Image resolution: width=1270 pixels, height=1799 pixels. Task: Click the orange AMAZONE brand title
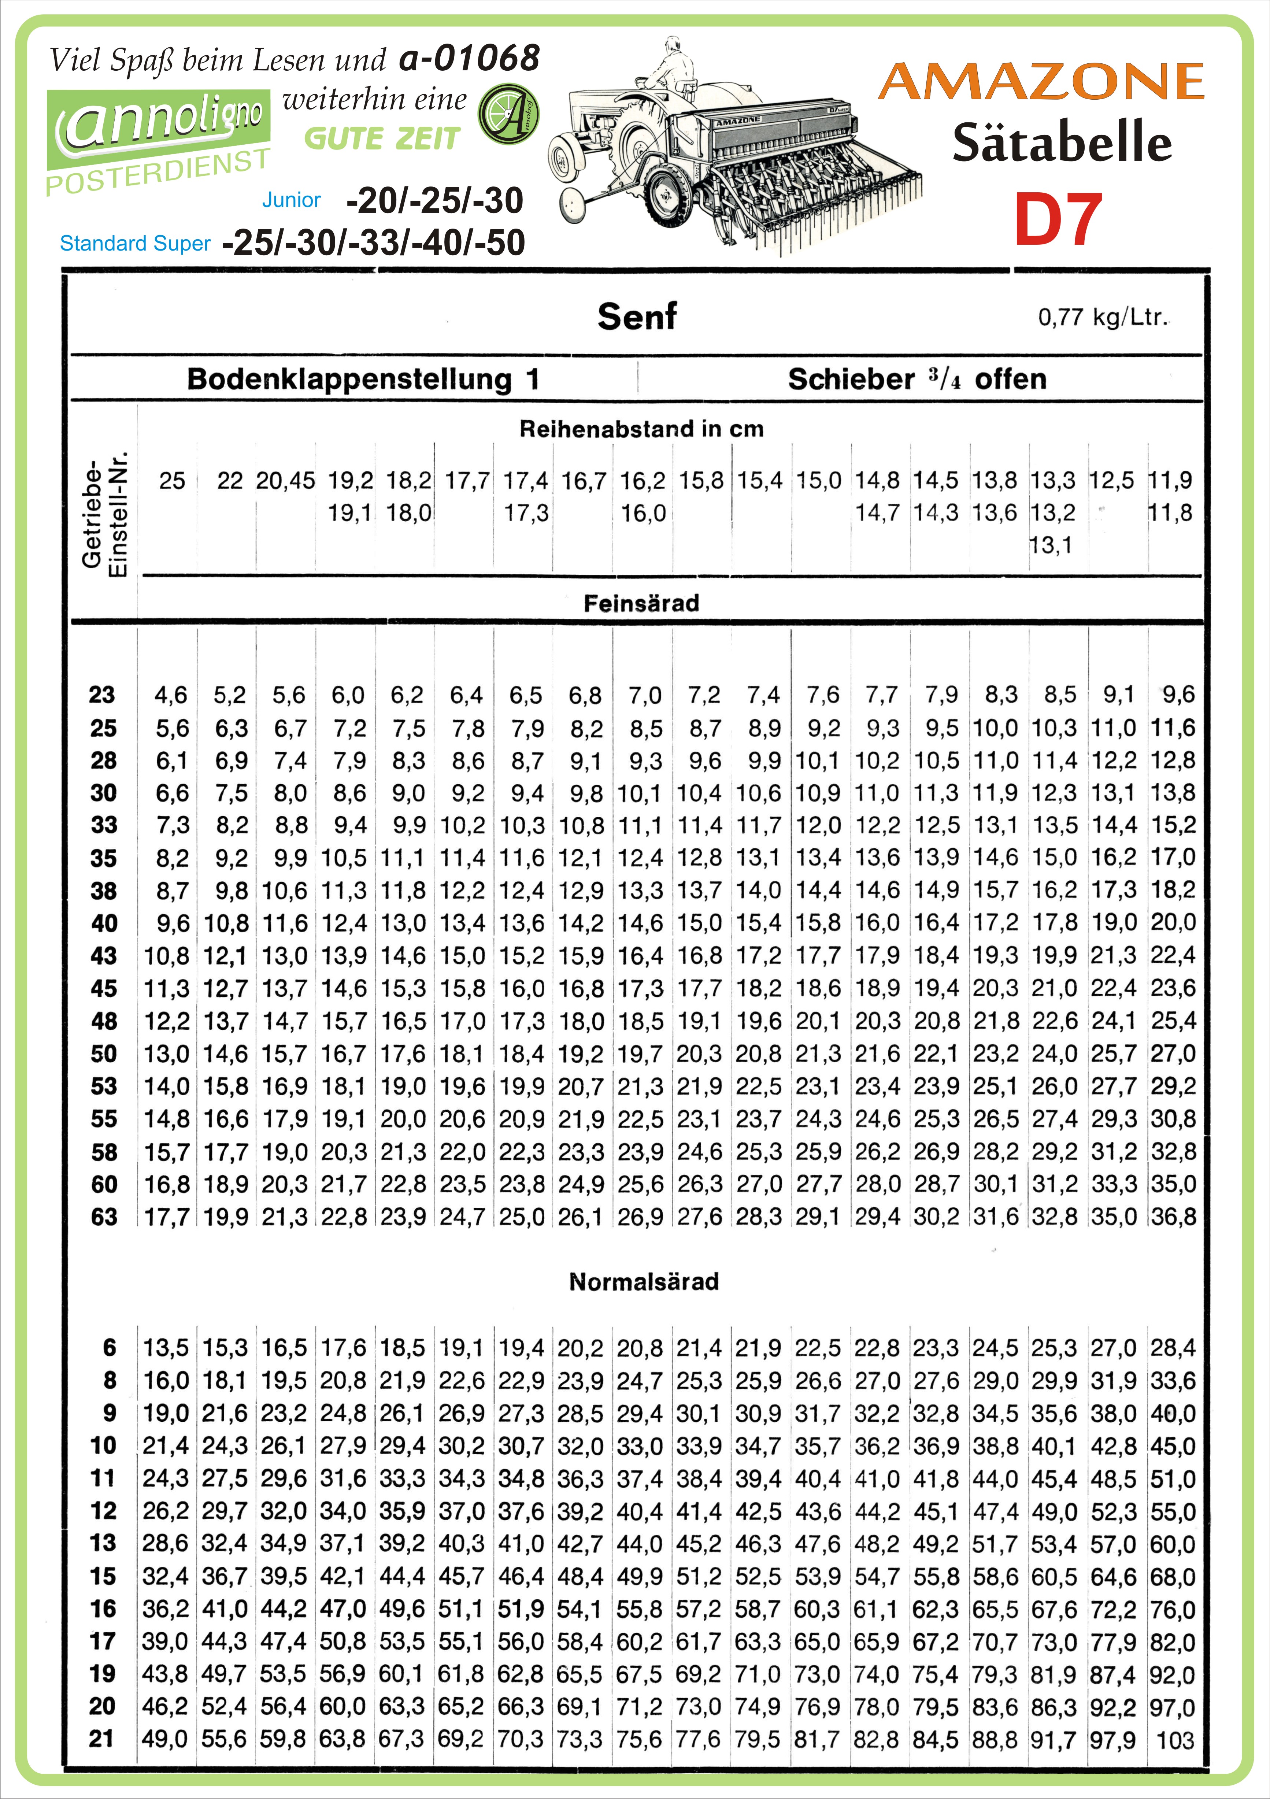coord(1041,82)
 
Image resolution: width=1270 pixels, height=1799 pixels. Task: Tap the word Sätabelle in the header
coord(1062,143)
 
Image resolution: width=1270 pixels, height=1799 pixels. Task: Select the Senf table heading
coord(636,317)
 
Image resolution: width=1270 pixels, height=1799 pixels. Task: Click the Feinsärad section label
coord(641,603)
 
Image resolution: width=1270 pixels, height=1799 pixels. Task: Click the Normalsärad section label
coord(643,1282)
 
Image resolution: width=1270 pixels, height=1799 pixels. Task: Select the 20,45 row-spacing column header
coord(285,480)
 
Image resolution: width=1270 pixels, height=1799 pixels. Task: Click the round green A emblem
coord(508,114)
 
